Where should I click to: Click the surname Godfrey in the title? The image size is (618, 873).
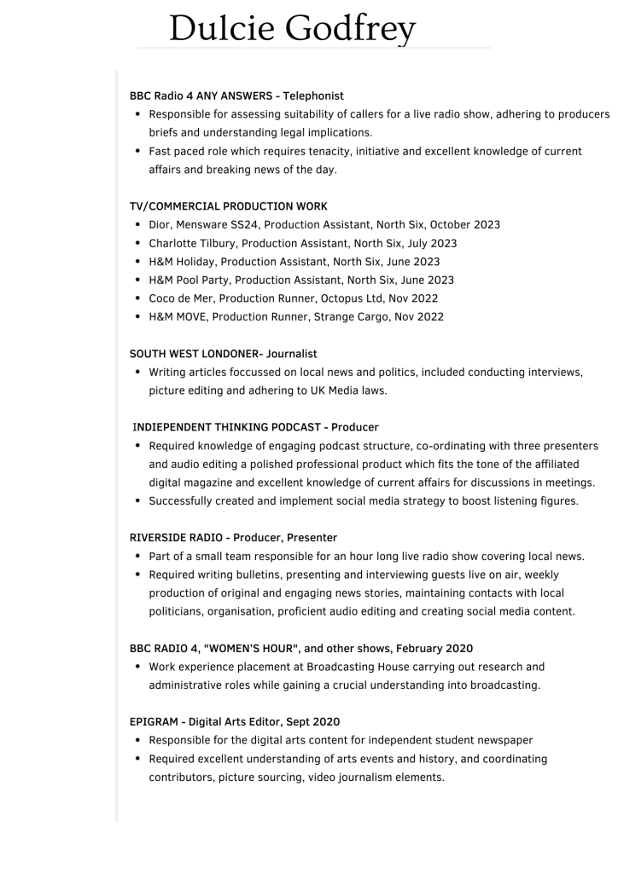(350, 29)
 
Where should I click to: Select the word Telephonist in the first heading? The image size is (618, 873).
(313, 96)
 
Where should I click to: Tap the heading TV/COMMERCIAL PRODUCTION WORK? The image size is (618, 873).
(228, 206)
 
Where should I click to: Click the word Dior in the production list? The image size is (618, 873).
(160, 225)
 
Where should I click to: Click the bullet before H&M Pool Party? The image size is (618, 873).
(137, 280)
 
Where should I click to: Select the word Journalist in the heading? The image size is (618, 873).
(292, 354)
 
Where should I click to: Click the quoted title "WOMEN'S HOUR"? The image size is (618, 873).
(251, 649)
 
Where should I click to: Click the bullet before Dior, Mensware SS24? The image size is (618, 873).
(137, 225)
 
